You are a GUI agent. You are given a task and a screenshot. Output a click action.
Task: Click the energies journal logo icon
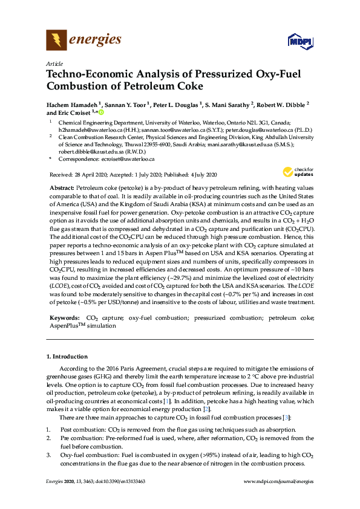(57, 40)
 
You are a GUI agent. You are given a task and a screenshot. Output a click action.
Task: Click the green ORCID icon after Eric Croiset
(101, 112)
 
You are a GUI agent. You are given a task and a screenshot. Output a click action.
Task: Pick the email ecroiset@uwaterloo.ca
(126, 160)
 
